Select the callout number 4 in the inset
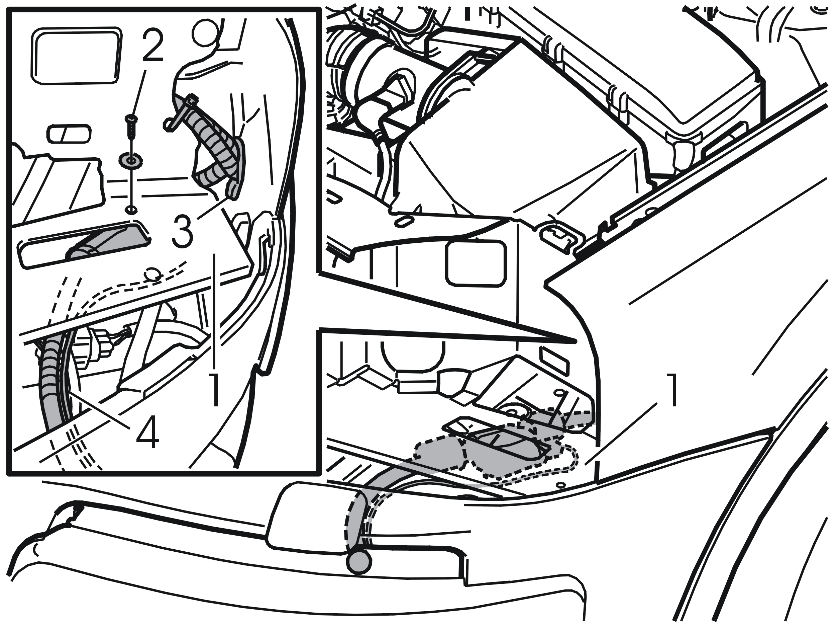click(148, 433)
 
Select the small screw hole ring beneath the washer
click(131, 209)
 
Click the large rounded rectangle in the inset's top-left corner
click(76, 55)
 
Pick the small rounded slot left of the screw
click(69, 134)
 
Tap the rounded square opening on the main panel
click(476, 264)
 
